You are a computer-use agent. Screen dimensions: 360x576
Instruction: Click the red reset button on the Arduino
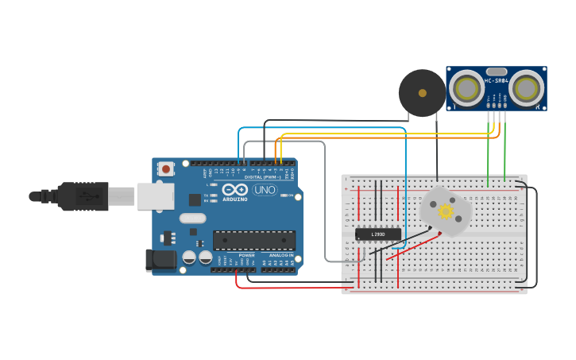[166, 168]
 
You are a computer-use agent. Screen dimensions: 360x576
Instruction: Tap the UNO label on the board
[264, 190]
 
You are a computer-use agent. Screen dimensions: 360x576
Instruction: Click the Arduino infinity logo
[236, 190]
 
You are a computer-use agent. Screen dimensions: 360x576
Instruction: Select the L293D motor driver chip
[377, 234]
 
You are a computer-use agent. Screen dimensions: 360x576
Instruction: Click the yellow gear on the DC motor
[446, 211]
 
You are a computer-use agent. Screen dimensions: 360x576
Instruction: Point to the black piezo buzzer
[422, 93]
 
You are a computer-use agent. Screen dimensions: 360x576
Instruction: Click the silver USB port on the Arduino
[155, 196]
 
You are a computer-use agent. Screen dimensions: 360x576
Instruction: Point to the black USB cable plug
[83, 196]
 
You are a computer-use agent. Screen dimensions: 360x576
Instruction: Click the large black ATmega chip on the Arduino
[253, 240]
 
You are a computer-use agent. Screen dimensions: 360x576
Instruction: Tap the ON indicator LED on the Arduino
[290, 195]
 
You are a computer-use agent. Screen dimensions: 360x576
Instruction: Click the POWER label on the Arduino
[247, 255]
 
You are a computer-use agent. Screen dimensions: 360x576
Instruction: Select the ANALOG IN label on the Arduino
[280, 255]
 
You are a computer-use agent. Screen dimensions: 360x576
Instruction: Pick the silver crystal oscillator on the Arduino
[192, 218]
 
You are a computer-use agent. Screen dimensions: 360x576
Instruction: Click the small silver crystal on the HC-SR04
[496, 72]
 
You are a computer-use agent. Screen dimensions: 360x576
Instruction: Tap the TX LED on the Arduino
[213, 195]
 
